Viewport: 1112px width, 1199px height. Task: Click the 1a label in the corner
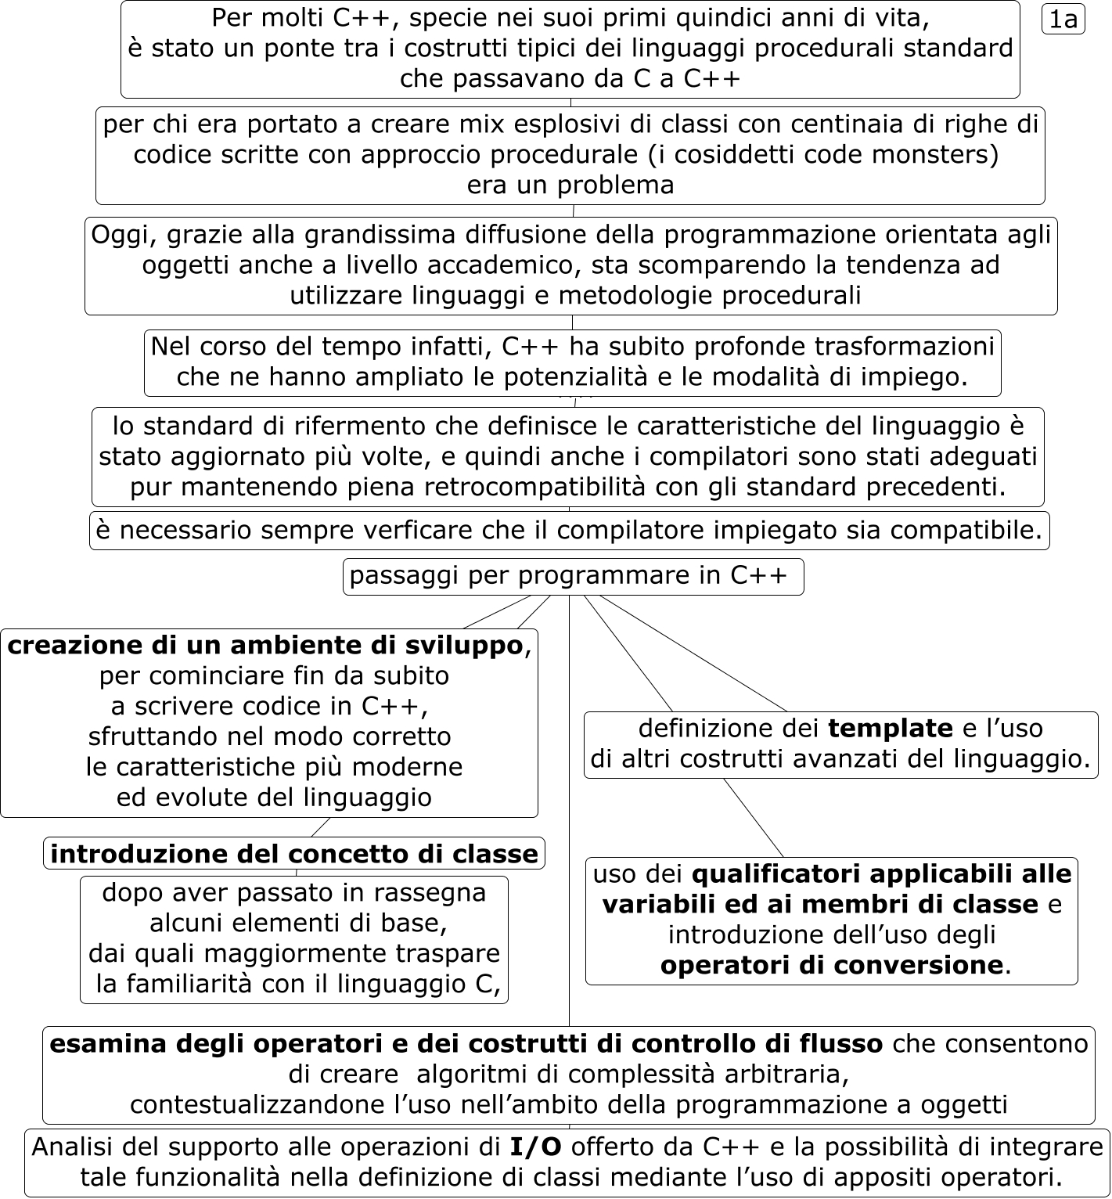[x=1063, y=20]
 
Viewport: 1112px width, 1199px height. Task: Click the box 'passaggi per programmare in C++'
[x=572, y=576]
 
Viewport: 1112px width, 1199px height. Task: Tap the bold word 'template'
[x=890, y=729]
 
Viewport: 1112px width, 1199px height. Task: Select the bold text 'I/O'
[x=535, y=1147]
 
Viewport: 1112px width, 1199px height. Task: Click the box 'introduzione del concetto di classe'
[x=294, y=854]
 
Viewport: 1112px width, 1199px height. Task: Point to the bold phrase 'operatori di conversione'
[x=831, y=965]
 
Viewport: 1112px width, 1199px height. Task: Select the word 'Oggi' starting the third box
[x=116, y=235]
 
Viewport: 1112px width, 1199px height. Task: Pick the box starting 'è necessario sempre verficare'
[x=569, y=531]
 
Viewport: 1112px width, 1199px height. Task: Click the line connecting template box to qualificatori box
[x=753, y=817]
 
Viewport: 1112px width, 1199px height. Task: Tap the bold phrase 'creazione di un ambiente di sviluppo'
[x=265, y=646]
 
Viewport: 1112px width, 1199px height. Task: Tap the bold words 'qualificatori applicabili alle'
[x=881, y=873]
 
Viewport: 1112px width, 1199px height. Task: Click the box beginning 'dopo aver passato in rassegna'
[x=294, y=938]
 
